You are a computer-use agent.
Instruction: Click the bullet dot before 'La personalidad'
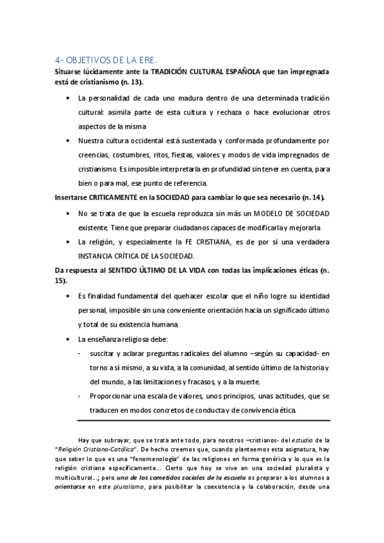coord(69,99)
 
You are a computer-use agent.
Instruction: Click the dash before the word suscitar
coord(78,353)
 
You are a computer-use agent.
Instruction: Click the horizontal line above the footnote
coord(203,420)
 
